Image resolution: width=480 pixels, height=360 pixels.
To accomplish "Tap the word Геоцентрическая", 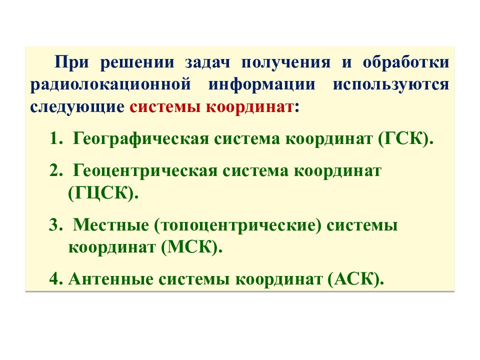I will (144, 171).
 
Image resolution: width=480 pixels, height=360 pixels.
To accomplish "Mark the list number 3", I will (53, 225).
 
